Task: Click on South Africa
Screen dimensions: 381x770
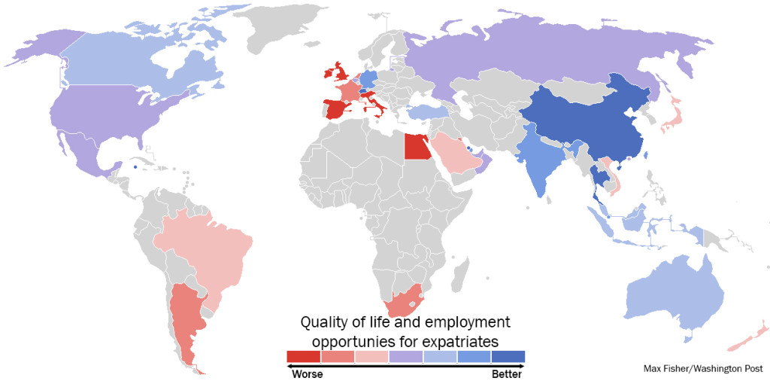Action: [x=404, y=303]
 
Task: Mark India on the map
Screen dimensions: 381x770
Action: [x=540, y=158]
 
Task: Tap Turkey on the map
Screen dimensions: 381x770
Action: [x=426, y=113]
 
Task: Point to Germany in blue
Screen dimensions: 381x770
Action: [x=368, y=80]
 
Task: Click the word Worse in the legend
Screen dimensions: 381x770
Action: [x=307, y=373]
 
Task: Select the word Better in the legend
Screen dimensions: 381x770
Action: [x=505, y=373]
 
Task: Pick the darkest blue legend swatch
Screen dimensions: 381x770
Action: [x=508, y=356]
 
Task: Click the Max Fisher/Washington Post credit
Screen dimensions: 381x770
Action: [x=702, y=368]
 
